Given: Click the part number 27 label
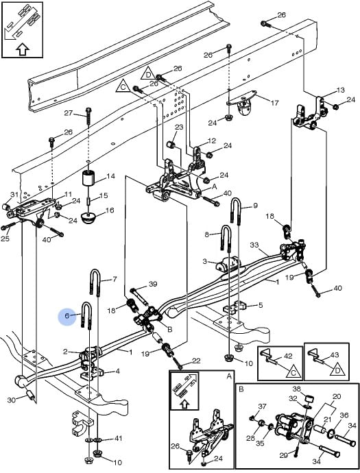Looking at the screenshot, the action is coord(69,113).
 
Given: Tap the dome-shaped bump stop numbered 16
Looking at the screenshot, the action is coord(88,219).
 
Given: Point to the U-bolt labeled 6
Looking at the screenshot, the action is coord(86,315).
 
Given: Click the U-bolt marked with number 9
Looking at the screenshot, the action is coord(236,212).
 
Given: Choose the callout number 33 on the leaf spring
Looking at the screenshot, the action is coord(254,245).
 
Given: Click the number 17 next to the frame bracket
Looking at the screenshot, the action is coord(274,103).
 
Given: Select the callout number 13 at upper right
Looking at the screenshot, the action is coord(340,90).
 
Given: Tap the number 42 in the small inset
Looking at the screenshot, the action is coord(288,356).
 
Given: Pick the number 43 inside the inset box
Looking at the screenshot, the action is coord(335,355).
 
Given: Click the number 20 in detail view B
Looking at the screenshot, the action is coord(337,396).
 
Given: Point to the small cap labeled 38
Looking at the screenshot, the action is coord(308,400).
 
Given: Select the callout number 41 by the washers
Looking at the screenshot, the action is coord(118,438).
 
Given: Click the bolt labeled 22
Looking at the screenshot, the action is coord(177,363).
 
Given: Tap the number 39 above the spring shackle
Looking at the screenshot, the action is coord(153,284).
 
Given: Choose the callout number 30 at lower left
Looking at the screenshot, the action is coord(11,400).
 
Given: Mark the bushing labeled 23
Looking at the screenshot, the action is coord(171,144).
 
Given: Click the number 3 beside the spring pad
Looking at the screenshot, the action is coord(205,261).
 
